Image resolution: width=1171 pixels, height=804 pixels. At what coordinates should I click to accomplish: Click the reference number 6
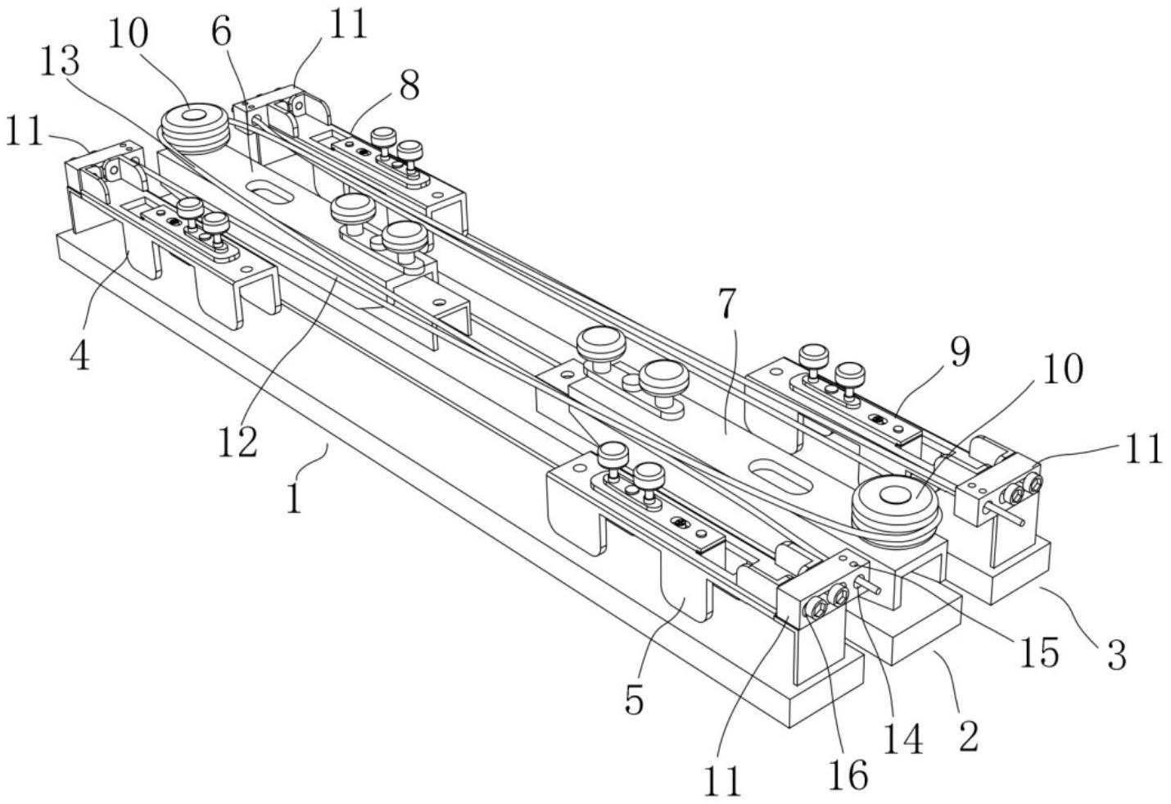(x=220, y=33)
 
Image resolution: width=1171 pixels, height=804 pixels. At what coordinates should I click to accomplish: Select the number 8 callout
(x=409, y=84)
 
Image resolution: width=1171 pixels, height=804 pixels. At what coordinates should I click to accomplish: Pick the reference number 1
(x=294, y=497)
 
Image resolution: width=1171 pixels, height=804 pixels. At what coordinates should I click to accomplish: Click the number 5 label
(x=635, y=701)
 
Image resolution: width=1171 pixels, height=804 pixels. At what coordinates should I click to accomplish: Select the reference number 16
(x=848, y=774)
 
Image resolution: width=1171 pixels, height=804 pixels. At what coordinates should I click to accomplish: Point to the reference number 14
(x=904, y=740)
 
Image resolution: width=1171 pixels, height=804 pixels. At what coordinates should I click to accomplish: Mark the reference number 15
(x=1038, y=653)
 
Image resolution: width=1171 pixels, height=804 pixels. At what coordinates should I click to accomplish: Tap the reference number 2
(x=968, y=735)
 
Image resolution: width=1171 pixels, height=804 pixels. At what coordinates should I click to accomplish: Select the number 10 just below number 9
(x=1063, y=370)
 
